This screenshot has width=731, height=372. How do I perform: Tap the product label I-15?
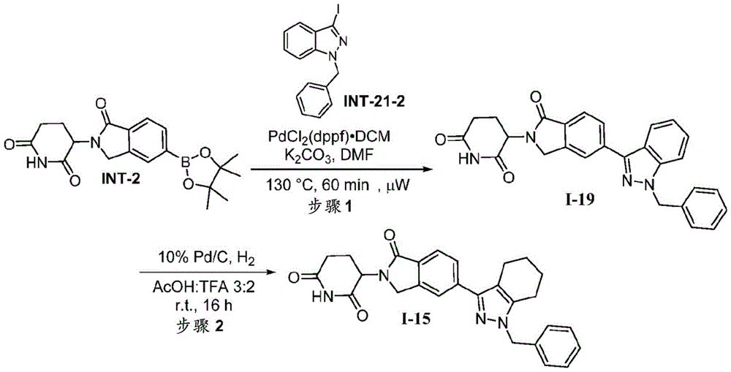(417, 321)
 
